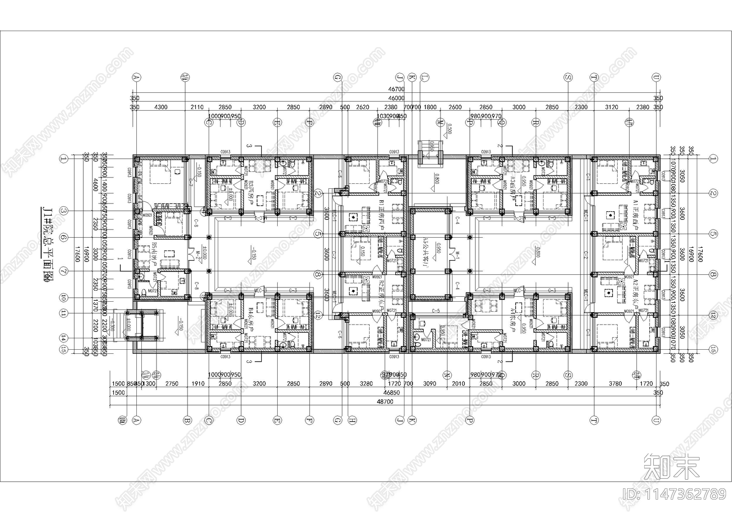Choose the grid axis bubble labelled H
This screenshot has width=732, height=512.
(x=351, y=419)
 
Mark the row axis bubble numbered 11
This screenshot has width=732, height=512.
(x=64, y=313)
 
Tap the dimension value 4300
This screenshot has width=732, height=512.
(x=161, y=107)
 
